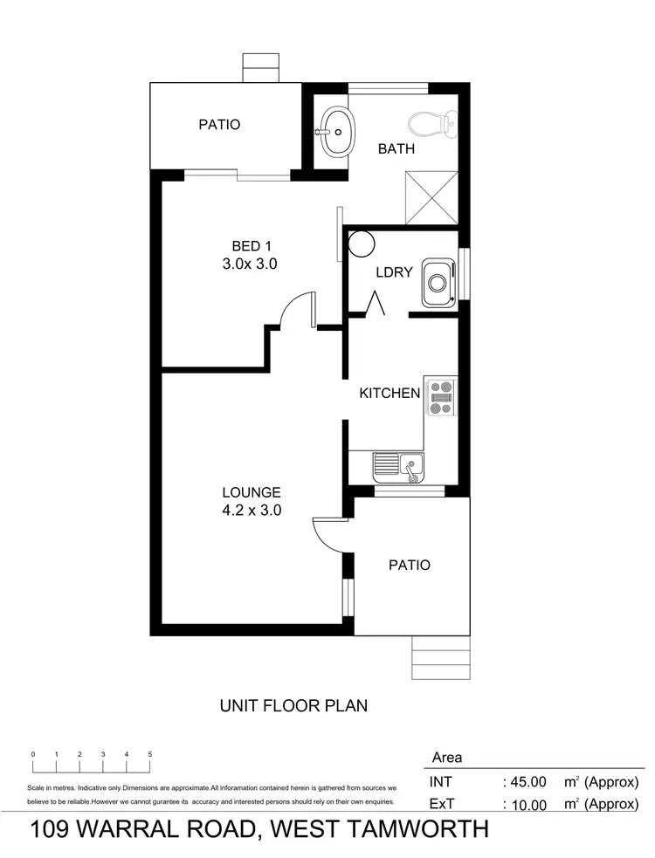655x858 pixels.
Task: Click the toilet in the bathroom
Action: (x=434, y=124)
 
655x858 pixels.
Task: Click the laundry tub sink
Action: (x=437, y=284)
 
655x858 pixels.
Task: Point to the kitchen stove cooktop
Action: (x=440, y=396)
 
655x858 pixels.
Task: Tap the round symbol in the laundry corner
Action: (x=359, y=243)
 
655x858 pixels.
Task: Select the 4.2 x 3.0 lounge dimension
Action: (x=251, y=511)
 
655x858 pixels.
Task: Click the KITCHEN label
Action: (x=390, y=394)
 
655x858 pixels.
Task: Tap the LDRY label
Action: (x=394, y=272)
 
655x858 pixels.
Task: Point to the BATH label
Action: (x=396, y=149)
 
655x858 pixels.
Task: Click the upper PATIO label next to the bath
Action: (x=219, y=125)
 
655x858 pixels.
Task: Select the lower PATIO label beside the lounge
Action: (x=409, y=565)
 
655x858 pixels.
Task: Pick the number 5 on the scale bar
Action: (x=150, y=753)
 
